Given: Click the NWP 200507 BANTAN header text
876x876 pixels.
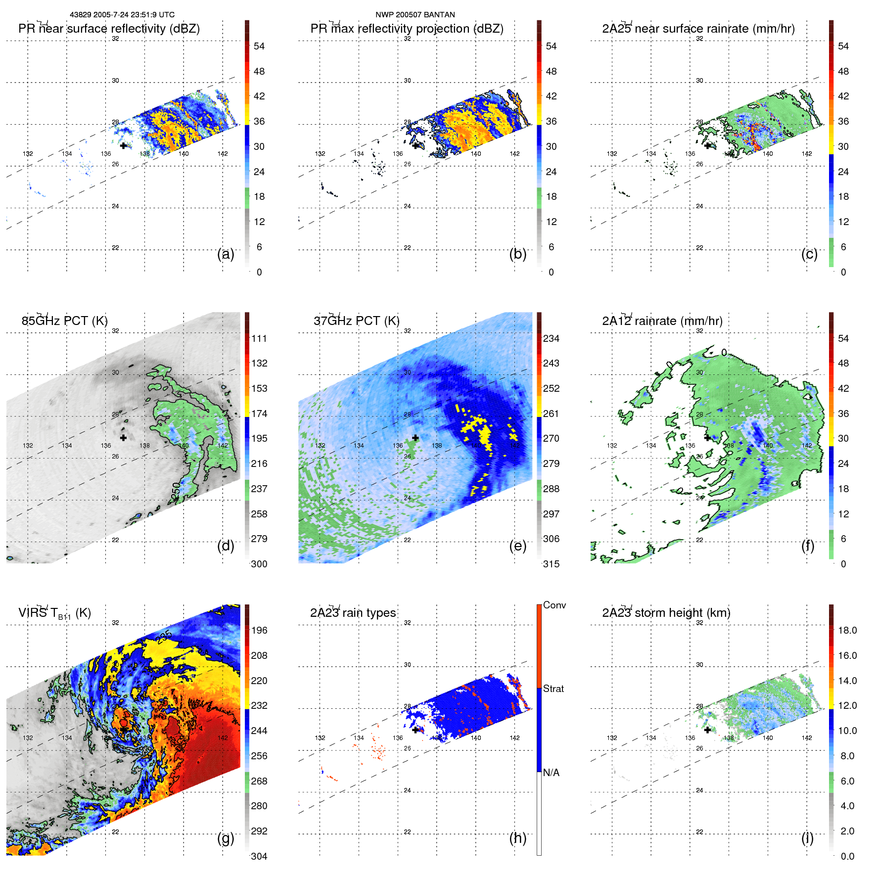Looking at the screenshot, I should (415, 15).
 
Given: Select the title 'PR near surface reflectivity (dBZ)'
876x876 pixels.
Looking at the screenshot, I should (109, 29).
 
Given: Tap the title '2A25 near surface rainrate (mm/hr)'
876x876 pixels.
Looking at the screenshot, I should (698, 29).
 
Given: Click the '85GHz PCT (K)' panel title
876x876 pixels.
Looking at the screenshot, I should (64, 321).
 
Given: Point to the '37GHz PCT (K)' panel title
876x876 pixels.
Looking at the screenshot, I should (356, 321).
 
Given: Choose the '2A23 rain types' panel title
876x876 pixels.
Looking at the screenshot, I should (353, 613).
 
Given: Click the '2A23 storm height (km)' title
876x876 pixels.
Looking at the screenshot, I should (666, 613).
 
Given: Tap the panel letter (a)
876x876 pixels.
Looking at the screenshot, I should (226, 254).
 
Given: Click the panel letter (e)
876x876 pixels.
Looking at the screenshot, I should (517, 546).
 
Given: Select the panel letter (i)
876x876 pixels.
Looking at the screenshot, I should (807, 838).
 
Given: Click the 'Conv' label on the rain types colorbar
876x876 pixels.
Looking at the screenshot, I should (554, 605).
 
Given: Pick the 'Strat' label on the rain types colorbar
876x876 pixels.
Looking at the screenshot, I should (553, 689).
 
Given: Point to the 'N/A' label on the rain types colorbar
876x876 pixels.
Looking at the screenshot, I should (551, 773).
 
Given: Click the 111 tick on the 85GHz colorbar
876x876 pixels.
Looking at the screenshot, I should (259, 338).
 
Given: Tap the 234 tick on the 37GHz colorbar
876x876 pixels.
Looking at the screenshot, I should (551, 338).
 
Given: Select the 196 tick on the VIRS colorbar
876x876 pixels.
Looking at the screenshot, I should (259, 630).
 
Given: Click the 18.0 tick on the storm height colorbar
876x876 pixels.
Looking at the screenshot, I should (847, 630).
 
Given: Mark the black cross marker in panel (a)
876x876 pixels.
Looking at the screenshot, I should (123, 145).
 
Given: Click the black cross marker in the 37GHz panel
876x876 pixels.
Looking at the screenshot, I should (415, 438).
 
